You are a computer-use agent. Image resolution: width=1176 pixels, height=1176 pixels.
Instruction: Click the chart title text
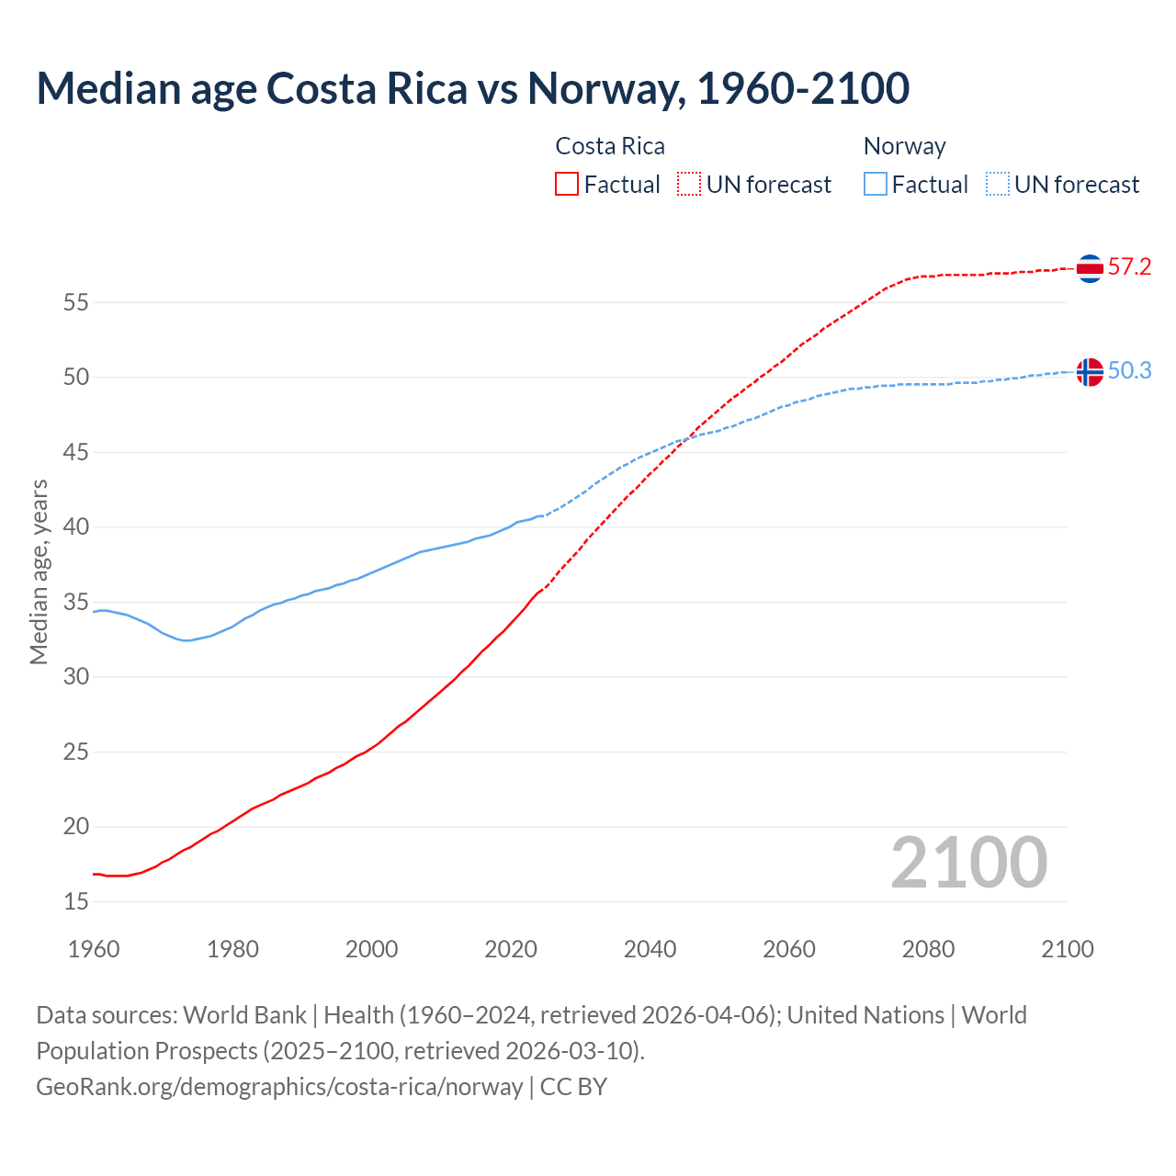pyautogui.click(x=472, y=88)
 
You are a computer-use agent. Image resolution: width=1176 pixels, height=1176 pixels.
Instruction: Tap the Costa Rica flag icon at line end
pyautogui.click(x=1090, y=268)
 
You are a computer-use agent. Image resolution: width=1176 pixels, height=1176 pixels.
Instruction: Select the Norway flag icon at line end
pyautogui.click(x=1090, y=372)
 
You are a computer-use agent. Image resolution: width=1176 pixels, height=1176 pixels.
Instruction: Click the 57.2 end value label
pyautogui.click(x=1129, y=267)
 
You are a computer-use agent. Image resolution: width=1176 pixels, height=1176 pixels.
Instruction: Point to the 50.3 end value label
pyautogui.click(x=1129, y=370)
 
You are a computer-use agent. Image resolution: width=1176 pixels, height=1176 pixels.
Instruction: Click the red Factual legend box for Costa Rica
pyautogui.click(x=567, y=185)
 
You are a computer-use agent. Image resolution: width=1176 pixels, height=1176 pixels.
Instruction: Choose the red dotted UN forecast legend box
pyautogui.click(x=689, y=185)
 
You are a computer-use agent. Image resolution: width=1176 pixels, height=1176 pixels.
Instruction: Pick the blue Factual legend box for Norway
pyautogui.click(x=875, y=185)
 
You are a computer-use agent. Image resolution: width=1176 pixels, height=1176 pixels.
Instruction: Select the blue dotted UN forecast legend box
pyautogui.click(x=997, y=185)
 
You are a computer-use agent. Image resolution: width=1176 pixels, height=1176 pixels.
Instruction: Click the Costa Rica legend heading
pyautogui.click(x=610, y=146)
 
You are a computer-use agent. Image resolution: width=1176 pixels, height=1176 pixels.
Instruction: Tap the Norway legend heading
pyautogui.click(x=904, y=146)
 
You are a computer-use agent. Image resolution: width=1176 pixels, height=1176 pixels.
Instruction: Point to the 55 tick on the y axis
pyautogui.click(x=76, y=302)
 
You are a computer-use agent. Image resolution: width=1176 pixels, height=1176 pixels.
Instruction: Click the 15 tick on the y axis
pyautogui.click(x=76, y=902)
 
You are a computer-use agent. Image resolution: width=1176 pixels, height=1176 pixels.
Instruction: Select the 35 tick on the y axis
pyautogui.click(x=76, y=603)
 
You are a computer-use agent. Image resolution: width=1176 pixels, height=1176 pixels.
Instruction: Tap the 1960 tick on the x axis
pyautogui.click(x=94, y=949)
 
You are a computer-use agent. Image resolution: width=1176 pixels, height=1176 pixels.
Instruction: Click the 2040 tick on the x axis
pyautogui.click(x=650, y=949)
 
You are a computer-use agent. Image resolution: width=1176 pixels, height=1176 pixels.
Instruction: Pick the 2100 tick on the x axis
pyautogui.click(x=1067, y=949)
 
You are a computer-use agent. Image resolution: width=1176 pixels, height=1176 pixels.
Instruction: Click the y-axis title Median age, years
pyautogui.click(x=39, y=571)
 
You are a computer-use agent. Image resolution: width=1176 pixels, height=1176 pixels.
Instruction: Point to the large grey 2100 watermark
pyautogui.click(x=968, y=863)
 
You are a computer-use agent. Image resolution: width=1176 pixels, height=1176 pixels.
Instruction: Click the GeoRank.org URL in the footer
pyautogui.click(x=279, y=1087)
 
